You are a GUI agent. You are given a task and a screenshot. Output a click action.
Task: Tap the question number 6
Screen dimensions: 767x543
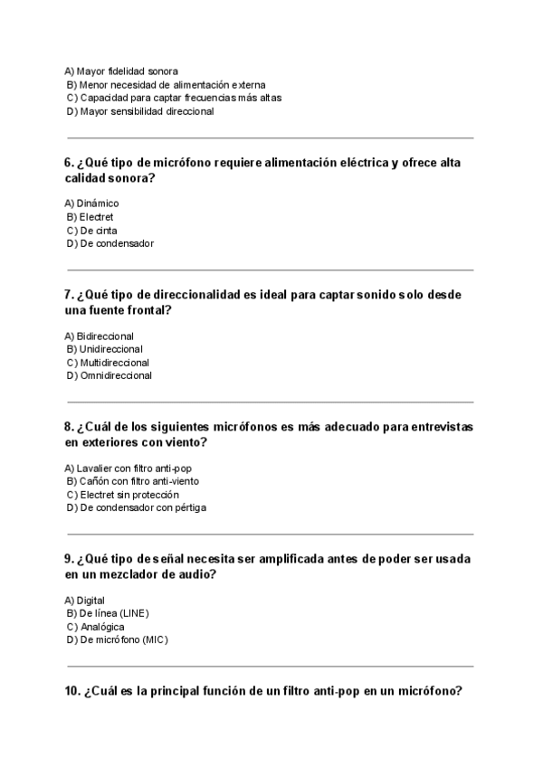point(69,163)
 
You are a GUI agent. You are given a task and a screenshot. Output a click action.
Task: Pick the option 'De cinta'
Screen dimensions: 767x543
point(99,231)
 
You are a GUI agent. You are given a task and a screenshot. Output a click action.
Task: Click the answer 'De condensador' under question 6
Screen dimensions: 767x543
point(117,243)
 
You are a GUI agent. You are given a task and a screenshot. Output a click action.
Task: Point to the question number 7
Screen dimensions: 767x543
point(69,295)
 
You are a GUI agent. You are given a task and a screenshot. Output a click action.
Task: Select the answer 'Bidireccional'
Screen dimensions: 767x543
point(105,336)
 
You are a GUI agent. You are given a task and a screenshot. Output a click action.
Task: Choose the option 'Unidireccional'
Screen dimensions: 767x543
point(111,349)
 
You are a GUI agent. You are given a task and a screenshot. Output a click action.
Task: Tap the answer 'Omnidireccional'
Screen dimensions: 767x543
point(116,375)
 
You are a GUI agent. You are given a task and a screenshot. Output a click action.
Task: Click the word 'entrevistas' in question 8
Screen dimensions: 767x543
point(436,427)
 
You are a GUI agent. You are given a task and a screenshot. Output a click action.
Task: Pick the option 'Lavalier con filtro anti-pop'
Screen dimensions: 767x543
point(136,468)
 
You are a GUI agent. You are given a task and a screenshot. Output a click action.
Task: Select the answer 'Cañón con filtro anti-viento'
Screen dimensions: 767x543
point(139,481)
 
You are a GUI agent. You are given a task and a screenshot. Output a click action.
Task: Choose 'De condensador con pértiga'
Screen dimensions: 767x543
point(143,507)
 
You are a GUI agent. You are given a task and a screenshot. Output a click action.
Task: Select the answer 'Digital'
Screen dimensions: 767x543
point(90,600)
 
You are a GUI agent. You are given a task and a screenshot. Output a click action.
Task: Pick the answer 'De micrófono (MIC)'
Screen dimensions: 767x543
point(124,639)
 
